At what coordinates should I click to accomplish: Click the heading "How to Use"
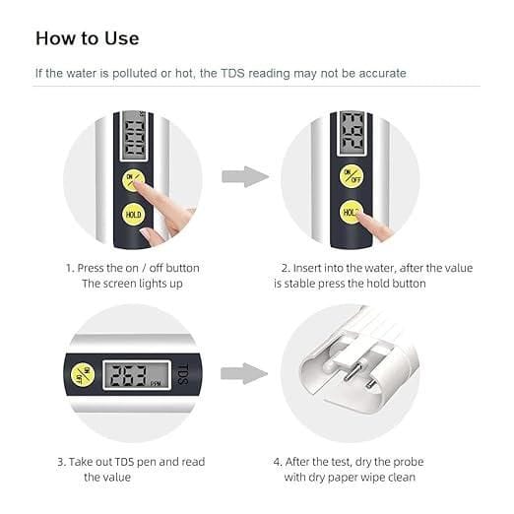pos(88,38)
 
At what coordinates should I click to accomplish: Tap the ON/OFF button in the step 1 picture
pos(132,180)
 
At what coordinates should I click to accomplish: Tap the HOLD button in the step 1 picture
pos(132,214)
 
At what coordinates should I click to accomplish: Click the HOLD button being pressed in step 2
pos(351,211)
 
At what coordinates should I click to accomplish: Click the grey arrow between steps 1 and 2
pos(244,177)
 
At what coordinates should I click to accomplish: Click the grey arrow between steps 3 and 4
pos(244,373)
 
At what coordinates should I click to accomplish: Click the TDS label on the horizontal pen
pos(182,373)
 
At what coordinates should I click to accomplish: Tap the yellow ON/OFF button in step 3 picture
pos(83,374)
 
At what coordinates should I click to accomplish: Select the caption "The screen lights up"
pos(133,284)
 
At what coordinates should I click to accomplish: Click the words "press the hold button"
pos(369,284)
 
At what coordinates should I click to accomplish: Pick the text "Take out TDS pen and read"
pos(137,461)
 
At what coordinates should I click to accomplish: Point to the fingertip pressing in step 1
pos(147,185)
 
